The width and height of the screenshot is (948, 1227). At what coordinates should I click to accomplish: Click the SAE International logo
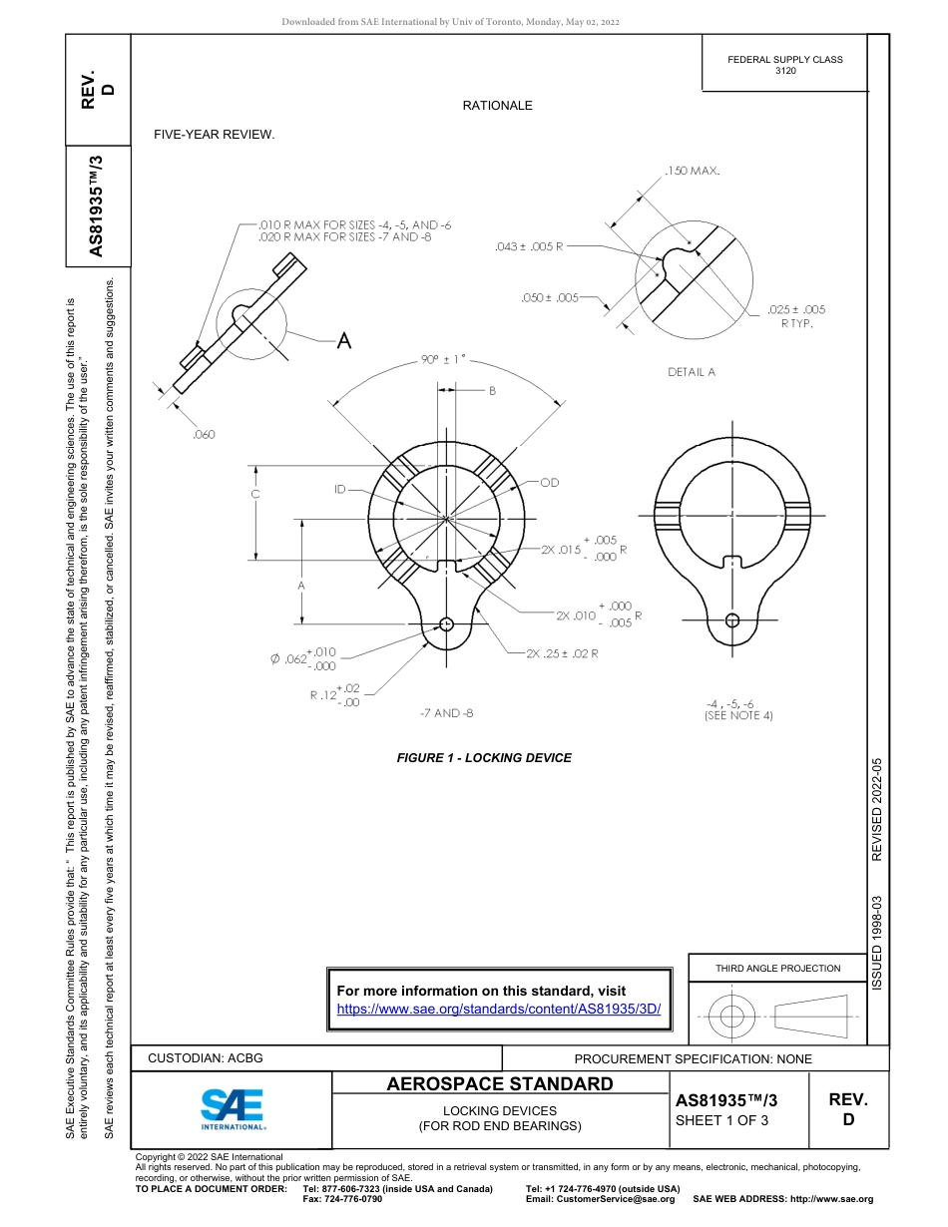coord(233,1107)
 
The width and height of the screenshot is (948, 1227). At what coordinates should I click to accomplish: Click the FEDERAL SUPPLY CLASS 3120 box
coord(785,65)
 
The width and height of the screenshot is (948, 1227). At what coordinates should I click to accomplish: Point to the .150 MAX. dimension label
coord(692,172)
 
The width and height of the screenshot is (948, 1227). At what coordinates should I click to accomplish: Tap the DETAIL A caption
coord(692,372)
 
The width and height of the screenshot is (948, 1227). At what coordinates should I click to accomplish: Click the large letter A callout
coord(343,341)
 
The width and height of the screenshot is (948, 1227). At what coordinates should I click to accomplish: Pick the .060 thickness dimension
coord(204,434)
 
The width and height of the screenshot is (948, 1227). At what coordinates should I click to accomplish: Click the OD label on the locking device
coord(549,483)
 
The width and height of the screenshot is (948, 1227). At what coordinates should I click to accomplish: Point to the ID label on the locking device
coord(340,489)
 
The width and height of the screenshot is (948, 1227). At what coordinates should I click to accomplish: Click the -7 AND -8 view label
coord(446,713)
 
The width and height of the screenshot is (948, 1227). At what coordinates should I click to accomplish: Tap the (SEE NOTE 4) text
coord(738,715)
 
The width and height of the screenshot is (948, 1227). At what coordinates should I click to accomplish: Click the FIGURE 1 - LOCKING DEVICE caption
coord(484,758)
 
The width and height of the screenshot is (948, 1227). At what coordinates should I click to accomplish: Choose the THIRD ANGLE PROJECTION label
coord(777,968)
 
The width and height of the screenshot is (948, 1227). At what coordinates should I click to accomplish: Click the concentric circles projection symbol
coord(732,1017)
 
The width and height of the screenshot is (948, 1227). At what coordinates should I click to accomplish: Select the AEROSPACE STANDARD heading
coord(500,1084)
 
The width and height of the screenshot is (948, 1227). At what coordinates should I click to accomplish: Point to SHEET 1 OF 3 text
coord(722,1119)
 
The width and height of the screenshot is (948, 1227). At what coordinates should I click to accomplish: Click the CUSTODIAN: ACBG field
coord(206,1058)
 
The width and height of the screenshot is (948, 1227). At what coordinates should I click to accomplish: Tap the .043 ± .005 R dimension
coord(529,245)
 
